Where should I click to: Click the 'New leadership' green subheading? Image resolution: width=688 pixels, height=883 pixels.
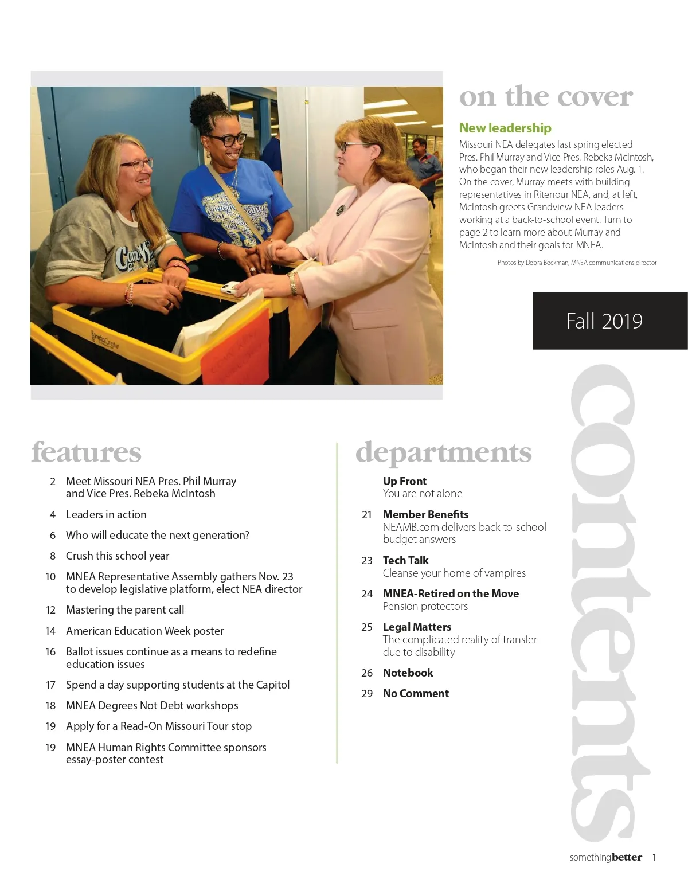[x=505, y=128]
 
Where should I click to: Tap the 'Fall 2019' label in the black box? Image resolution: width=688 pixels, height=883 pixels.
[x=604, y=321]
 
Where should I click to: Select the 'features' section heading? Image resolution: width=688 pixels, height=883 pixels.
[x=86, y=452]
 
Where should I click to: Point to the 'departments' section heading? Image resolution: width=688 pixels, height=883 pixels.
[x=443, y=452]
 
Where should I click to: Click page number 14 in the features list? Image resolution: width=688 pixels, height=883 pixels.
[x=50, y=631]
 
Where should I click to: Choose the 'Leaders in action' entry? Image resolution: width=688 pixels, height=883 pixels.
[x=106, y=514]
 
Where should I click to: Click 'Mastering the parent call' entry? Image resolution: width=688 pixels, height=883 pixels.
[x=125, y=609]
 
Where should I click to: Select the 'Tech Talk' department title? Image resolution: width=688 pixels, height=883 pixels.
[x=405, y=560]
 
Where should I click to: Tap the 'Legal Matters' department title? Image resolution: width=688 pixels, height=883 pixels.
[x=417, y=627]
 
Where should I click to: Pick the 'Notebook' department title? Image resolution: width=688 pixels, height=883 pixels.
[x=408, y=673]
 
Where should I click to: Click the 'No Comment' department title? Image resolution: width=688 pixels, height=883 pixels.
[x=416, y=693]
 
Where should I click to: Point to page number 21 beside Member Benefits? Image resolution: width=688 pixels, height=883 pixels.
[x=367, y=514]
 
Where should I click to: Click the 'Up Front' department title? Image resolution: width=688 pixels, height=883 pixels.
[x=405, y=481]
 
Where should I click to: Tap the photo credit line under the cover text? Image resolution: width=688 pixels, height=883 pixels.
[x=577, y=263]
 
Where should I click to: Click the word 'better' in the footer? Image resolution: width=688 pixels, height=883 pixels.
[x=627, y=857]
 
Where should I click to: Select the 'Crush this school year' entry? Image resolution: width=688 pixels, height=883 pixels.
[x=118, y=556]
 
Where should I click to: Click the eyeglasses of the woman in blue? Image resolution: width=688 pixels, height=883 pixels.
[x=228, y=139]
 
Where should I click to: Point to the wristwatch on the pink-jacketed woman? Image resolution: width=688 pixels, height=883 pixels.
[x=293, y=283]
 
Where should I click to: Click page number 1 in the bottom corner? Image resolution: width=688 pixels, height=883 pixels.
[x=654, y=857]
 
